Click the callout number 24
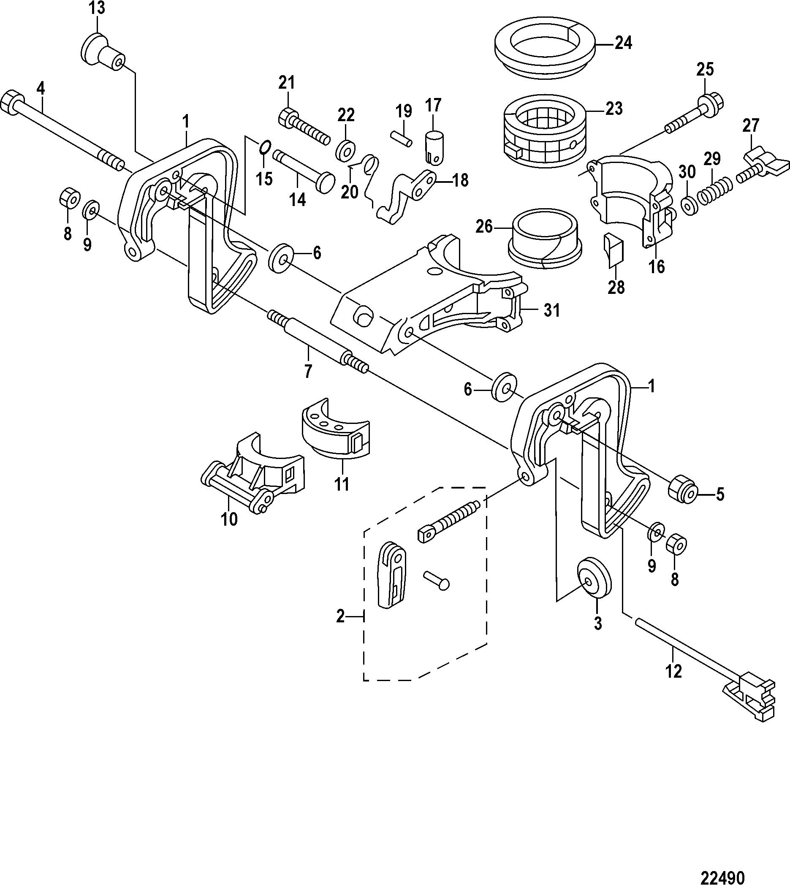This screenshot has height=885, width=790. click(x=623, y=43)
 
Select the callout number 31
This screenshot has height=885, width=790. click(x=552, y=310)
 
